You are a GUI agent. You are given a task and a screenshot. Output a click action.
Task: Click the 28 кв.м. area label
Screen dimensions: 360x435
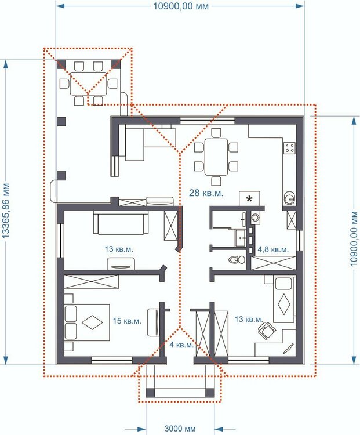206,193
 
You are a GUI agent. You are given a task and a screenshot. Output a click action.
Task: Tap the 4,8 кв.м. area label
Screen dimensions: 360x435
273,249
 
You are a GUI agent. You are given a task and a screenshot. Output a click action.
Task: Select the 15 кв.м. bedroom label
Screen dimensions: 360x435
127,321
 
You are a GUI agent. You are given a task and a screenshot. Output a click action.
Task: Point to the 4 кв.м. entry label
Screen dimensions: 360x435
181,345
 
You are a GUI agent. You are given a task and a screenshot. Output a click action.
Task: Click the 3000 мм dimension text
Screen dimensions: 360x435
180,429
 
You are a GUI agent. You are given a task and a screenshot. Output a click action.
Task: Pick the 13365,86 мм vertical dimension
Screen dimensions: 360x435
6,211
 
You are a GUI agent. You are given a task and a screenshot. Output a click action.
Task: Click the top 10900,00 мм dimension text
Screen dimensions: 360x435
180,6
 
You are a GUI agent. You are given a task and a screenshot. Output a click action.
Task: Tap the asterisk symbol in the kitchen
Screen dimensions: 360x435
249,198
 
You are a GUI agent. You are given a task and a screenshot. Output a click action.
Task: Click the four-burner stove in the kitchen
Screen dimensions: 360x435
289,148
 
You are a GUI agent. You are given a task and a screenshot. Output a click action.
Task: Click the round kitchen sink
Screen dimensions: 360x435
289,197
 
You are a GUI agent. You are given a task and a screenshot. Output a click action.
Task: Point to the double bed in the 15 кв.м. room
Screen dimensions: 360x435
87,322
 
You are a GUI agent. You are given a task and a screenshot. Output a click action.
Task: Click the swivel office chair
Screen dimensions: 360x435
266,330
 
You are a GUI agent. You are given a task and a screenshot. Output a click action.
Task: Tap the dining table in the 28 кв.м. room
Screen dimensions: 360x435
216,157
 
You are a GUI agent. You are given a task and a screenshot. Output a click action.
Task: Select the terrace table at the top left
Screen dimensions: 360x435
88,84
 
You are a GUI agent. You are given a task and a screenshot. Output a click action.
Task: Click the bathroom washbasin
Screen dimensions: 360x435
241,238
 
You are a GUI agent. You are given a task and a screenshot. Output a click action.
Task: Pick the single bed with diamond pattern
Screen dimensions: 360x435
283,299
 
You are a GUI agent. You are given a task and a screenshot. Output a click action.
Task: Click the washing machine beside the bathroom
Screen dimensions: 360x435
255,217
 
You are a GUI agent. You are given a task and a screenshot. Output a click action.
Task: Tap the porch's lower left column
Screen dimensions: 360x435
150,393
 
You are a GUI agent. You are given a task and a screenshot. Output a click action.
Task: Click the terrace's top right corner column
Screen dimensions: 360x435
117,64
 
